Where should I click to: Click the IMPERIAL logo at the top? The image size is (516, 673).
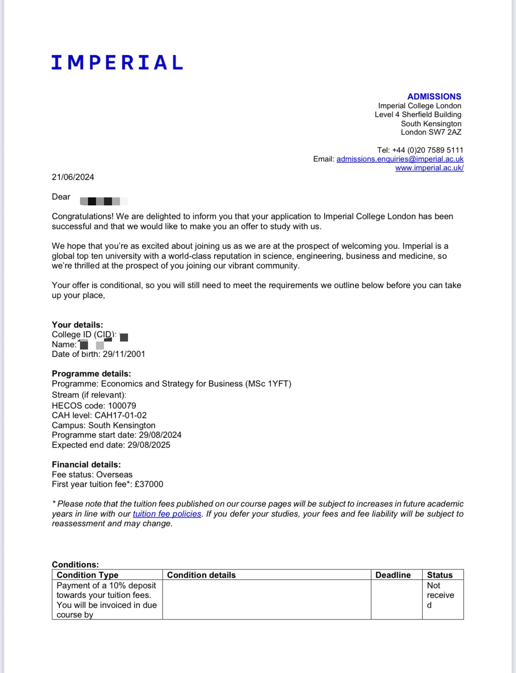coord(117,62)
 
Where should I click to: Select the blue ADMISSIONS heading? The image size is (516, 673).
coord(434,96)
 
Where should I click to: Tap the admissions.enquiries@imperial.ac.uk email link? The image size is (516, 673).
coord(400,159)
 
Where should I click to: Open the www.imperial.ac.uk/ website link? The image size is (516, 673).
coord(429,168)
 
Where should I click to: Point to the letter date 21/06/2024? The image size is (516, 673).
coord(73,177)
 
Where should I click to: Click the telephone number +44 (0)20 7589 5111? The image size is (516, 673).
coord(428,150)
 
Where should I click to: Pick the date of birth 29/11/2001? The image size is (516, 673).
coord(124,354)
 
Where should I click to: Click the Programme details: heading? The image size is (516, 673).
coord(91,374)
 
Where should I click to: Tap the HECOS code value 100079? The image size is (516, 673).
coord(122,406)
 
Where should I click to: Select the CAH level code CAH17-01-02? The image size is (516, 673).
coord(120,415)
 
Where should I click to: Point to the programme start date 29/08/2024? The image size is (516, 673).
coord(160,435)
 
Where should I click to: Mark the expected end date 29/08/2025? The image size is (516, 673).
coord(149,445)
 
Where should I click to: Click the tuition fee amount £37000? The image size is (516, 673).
coord(149,484)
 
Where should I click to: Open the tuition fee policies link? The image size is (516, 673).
coord(167,514)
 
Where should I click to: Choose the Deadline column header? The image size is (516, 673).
coord(393,575)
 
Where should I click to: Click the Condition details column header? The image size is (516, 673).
coord(201,575)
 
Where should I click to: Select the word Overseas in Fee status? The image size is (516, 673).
coord(114,474)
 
